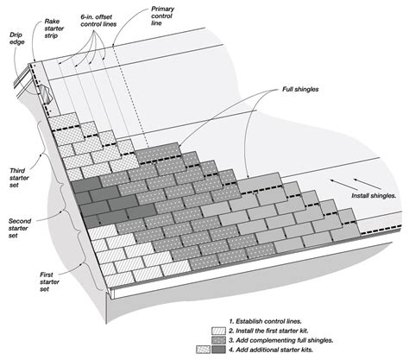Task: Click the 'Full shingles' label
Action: coord(300,89)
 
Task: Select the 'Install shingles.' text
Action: coord(375,195)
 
